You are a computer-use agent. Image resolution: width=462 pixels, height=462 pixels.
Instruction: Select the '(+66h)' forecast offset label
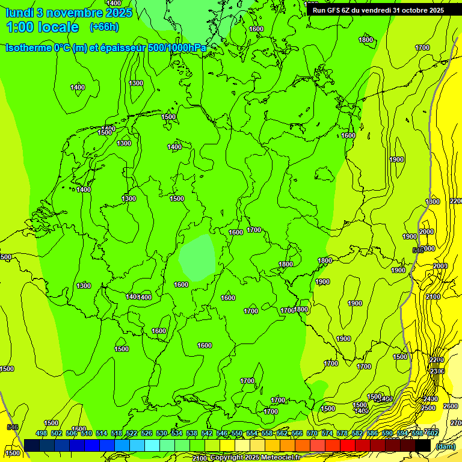point(104,27)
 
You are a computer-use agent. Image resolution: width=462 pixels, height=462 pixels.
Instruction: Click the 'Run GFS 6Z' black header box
point(378,10)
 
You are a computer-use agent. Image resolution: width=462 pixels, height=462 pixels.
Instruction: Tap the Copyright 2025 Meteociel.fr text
point(254,458)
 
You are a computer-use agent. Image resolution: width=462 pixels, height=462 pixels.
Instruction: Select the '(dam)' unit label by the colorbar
point(445,446)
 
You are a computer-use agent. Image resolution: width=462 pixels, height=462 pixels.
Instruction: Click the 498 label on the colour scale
point(42,434)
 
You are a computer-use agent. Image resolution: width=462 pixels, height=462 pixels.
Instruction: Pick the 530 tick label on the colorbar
point(162,434)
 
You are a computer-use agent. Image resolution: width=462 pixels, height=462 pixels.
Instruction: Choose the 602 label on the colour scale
point(432,434)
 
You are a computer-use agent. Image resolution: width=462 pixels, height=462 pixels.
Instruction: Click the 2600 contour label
point(450,406)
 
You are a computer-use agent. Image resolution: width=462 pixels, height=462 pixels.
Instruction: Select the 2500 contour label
point(428,408)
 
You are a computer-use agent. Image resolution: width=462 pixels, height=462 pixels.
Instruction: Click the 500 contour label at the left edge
point(6,257)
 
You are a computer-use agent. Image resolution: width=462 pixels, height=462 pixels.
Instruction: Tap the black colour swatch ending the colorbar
point(423,446)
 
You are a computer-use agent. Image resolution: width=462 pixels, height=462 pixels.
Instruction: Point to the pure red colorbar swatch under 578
point(348,446)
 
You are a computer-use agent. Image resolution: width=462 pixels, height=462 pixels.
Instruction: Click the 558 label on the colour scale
point(267,434)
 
